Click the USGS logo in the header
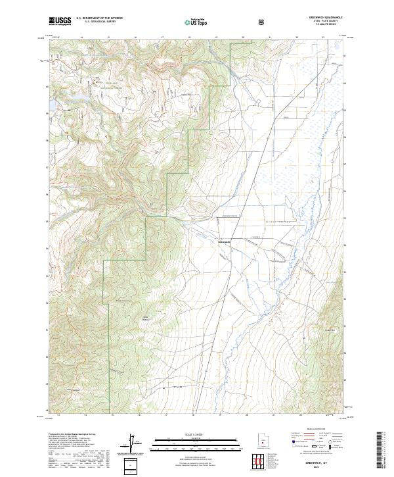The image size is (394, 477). [x=60, y=22]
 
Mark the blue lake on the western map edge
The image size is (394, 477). [x=51, y=104]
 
